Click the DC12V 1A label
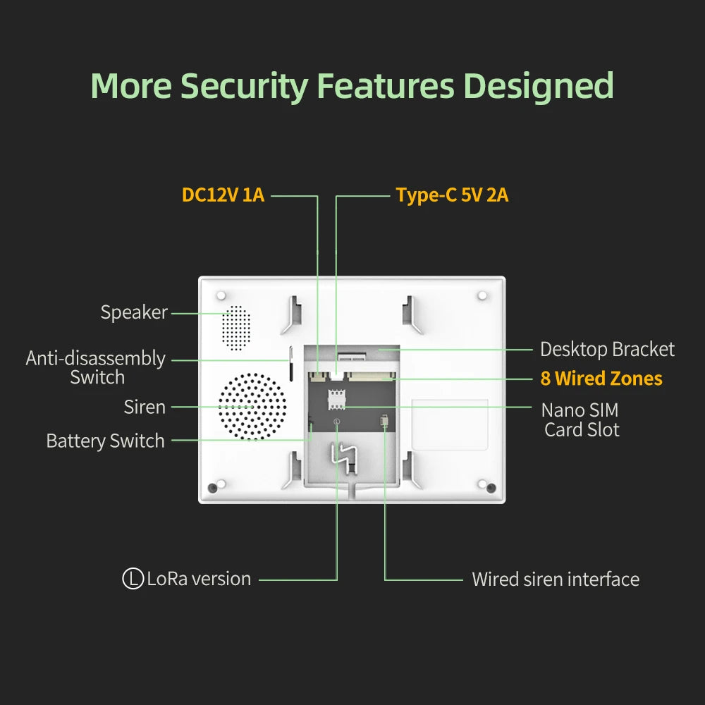pyautogui.click(x=223, y=195)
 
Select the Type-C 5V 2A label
pyautogui.click(x=452, y=195)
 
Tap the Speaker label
pyautogui.click(x=134, y=312)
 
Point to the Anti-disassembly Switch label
pyautogui.click(x=96, y=367)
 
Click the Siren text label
pyautogui.click(x=145, y=407)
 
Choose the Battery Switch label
pyautogui.click(x=105, y=441)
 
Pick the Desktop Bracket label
pyautogui.click(x=607, y=349)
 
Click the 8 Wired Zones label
pyautogui.click(x=601, y=379)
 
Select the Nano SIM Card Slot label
pyautogui.click(x=580, y=419)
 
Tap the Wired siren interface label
pyautogui.click(x=556, y=580)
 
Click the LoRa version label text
pyautogui.click(x=199, y=579)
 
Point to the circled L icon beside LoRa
pyautogui.click(x=133, y=579)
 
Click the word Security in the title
pyautogui.click(x=244, y=86)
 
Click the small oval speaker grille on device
pyautogui.click(x=236, y=326)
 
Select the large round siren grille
pyautogui.click(x=252, y=407)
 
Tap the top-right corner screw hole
pyautogui.click(x=482, y=295)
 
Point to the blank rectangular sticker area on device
pyautogui.click(x=450, y=424)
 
